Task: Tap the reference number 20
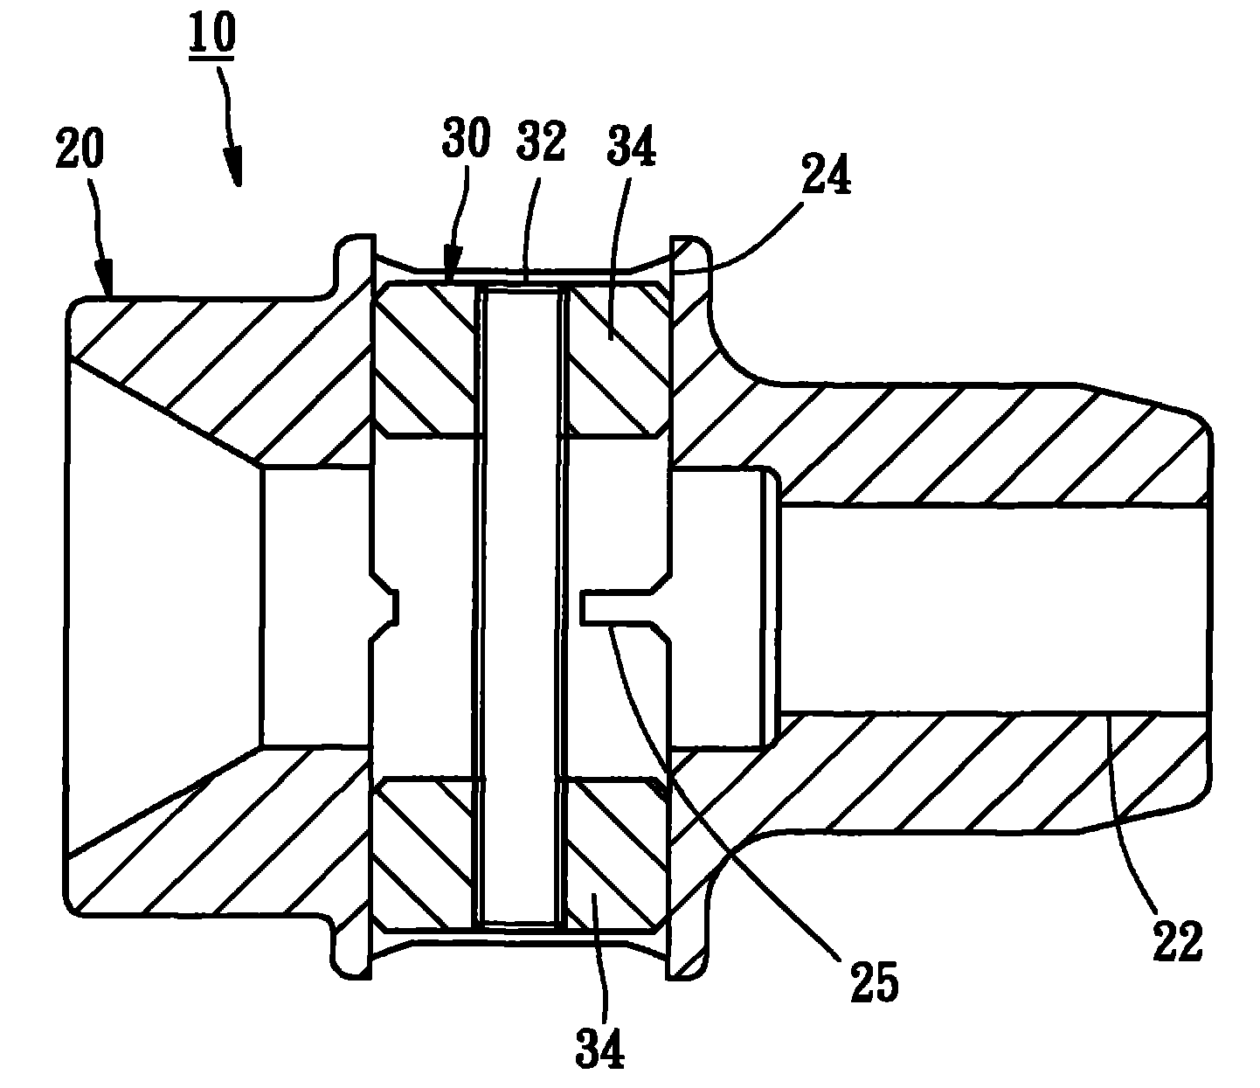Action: tap(80, 148)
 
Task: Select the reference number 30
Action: tap(467, 138)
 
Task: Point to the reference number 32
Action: tap(541, 142)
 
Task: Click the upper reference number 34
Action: tap(632, 146)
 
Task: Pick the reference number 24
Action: tap(827, 174)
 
